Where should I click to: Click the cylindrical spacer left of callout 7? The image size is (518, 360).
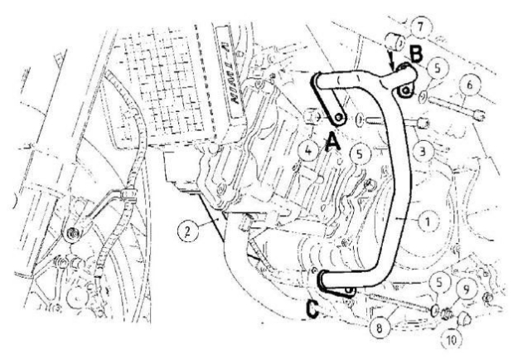(395, 39)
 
